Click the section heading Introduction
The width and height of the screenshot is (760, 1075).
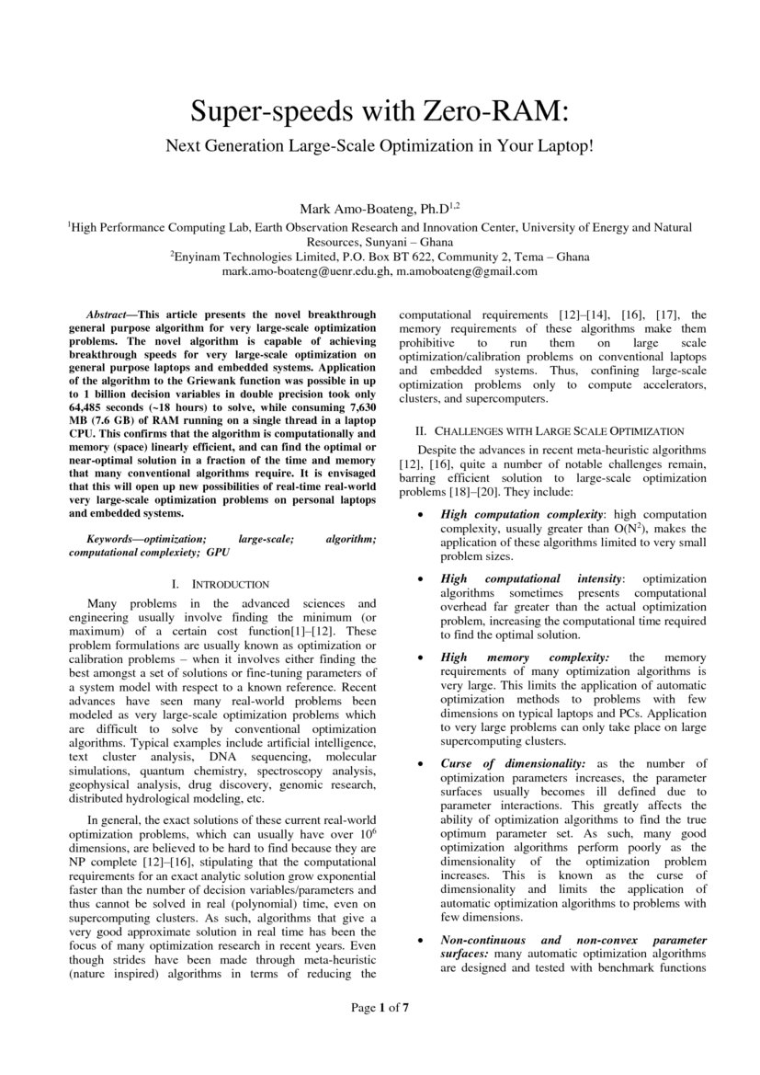pyautogui.click(x=229, y=584)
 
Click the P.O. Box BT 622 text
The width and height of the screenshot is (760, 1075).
pyautogui.click(x=376, y=257)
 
